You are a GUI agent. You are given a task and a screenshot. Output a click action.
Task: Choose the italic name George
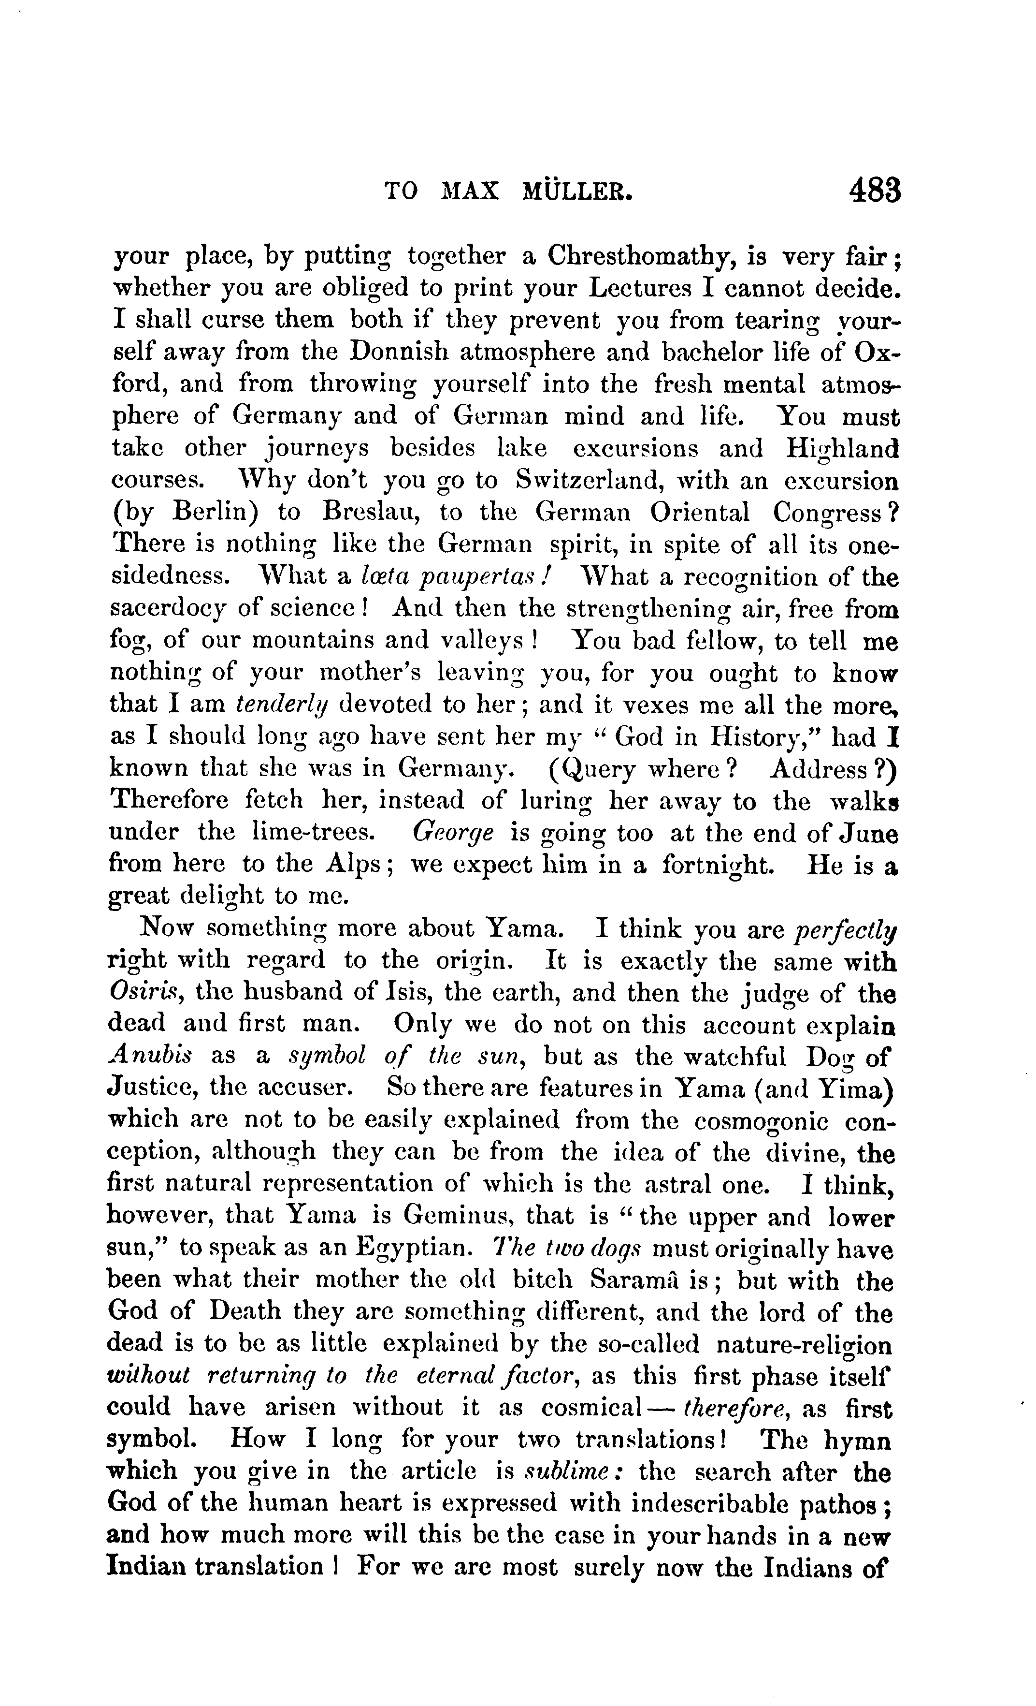point(453,832)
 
